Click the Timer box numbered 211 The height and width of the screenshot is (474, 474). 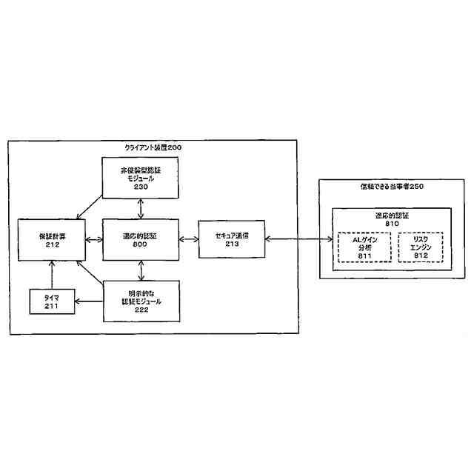point(52,301)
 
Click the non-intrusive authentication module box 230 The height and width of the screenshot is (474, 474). point(140,178)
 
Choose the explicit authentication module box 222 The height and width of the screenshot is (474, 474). point(140,301)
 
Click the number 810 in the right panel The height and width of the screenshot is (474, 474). point(392,223)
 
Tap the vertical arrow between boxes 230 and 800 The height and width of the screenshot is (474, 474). point(140,208)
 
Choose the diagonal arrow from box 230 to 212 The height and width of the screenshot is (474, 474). point(90,207)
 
